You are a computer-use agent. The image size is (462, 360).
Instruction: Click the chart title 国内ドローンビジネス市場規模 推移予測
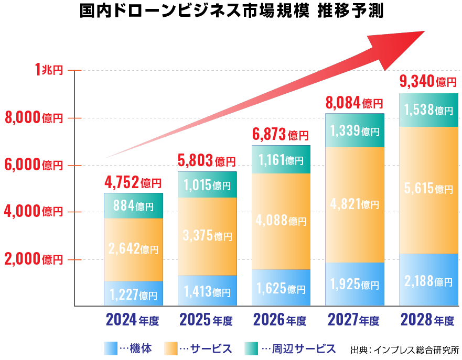click(231, 12)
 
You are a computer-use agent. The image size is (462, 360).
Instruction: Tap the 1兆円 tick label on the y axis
click(48, 70)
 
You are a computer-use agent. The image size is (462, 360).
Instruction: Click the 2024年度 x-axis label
click(132, 320)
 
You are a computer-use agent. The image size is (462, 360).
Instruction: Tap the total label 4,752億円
click(133, 183)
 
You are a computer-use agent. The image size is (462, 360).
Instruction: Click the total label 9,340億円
click(428, 82)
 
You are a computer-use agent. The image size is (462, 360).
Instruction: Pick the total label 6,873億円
click(281, 135)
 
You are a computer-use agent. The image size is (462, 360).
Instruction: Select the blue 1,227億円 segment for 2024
click(133, 293)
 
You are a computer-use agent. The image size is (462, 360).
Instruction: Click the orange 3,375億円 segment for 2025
click(207, 236)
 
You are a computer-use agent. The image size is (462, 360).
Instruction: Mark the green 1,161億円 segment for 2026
click(281, 159)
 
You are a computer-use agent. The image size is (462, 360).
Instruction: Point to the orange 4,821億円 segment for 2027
click(354, 204)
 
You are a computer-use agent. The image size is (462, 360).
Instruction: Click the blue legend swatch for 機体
click(111, 348)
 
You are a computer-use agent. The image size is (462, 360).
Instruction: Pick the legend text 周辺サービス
click(305, 348)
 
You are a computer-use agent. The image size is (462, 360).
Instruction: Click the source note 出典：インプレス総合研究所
click(404, 350)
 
